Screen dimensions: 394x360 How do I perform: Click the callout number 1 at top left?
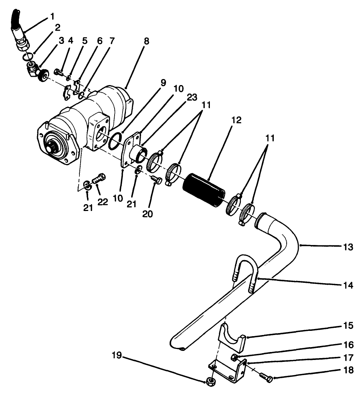point(52,17)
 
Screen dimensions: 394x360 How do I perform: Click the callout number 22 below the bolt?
point(102,202)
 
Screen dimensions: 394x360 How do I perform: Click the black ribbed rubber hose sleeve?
point(202,190)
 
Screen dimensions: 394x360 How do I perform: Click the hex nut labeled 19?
point(210,381)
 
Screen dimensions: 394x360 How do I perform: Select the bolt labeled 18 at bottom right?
point(266,377)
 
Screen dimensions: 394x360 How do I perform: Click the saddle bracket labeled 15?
point(232,337)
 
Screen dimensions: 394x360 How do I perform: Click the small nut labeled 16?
point(234,357)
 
